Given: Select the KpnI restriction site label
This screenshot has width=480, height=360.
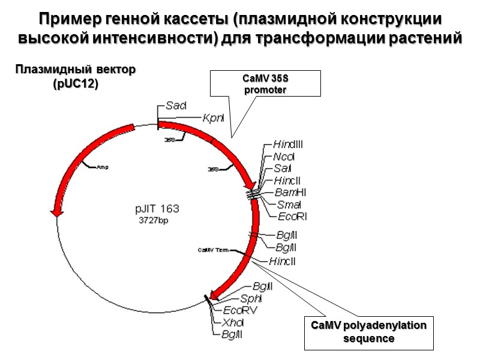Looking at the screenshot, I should point(213,118).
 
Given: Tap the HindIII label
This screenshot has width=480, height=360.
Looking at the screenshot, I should point(288,144).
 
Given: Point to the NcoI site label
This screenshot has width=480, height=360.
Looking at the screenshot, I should point(284,156).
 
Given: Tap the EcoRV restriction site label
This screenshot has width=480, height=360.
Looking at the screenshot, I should point(240,310).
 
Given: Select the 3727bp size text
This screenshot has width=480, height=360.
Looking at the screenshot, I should point(154,220).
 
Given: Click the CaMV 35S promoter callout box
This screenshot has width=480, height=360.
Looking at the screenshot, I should point(265,83).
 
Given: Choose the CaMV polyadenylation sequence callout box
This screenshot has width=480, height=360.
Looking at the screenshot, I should point(368,331).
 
